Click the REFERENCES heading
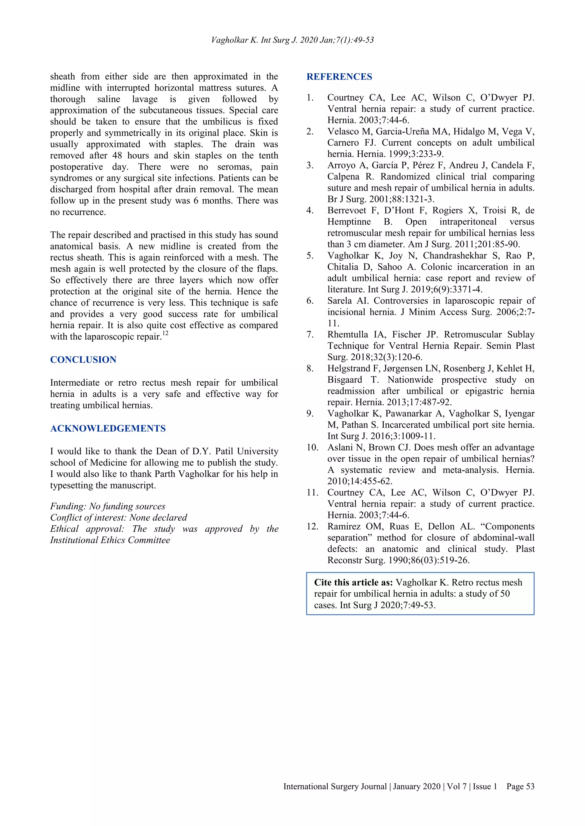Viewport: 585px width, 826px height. tap(339, 77)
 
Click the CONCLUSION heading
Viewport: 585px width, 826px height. tap(83, 359)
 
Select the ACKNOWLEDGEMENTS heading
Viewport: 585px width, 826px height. tap(108, 428)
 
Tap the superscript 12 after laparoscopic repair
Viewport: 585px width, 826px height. tap(165, 333)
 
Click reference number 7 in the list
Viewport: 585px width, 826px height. tap(310, 335)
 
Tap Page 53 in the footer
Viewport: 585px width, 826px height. tap(520, 786)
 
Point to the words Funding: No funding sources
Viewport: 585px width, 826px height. tap(107, 506)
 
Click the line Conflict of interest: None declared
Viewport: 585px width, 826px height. tap(119, 517)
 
